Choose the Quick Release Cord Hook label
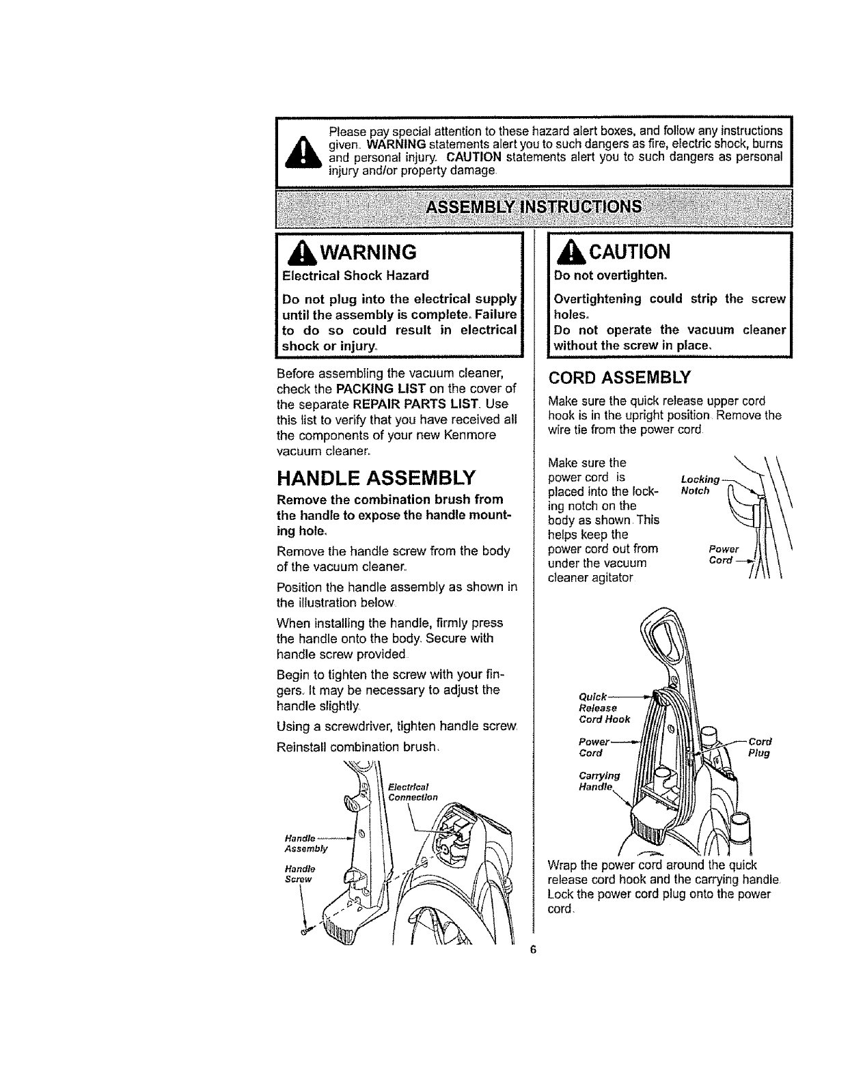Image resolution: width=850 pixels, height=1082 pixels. (x=604, y=708)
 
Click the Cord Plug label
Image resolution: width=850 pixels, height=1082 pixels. (x=759, y=747)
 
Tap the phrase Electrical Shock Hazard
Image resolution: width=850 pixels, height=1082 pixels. (x=355, y=275)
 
